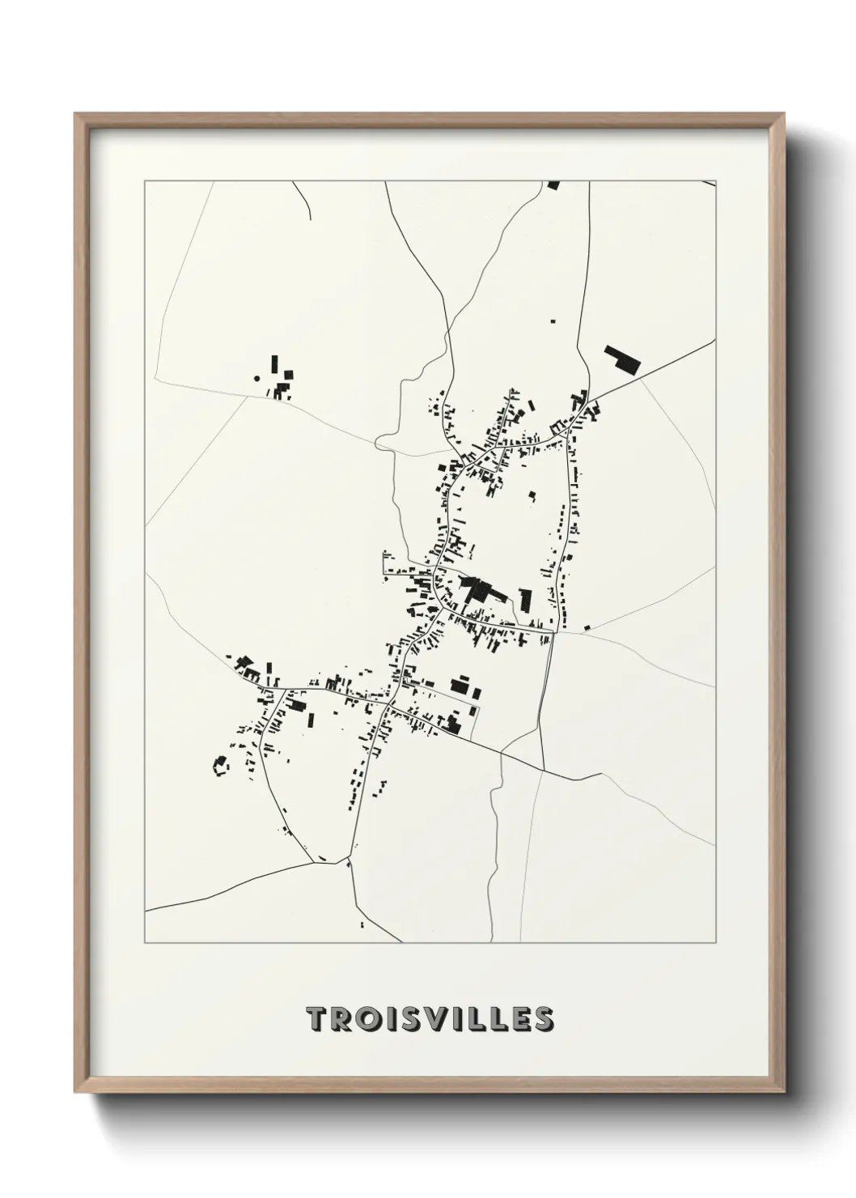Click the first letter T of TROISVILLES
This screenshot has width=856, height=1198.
[317, 1020]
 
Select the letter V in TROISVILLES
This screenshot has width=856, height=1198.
[436, 1020]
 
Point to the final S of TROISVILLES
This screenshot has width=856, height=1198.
[544, 1020]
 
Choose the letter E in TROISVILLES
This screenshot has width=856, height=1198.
[519, 1020]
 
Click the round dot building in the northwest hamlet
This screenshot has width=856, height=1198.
[257, 377]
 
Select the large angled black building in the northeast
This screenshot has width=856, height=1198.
[621, 359]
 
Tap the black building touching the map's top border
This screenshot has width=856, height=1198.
[553, 185]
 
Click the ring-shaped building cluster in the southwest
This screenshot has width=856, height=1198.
[219, 766]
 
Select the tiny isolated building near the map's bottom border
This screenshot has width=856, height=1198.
[361, 924]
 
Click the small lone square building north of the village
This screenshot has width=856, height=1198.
[554, 321]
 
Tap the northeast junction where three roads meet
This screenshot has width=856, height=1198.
[591, 401]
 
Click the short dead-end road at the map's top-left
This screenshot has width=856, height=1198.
[302, 198]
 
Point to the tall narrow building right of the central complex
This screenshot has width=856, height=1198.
[526, 601]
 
